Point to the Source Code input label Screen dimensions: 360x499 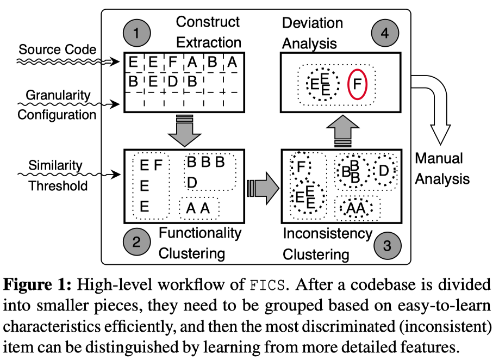(x=58, y=50)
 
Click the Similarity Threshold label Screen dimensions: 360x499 (x=58, y=175)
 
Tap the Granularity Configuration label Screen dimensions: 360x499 (x=57, y=104)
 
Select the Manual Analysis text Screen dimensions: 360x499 (x=441, y=168)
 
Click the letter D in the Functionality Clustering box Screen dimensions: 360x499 (x=191, y=181)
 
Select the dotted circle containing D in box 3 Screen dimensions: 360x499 (x=384, y=171)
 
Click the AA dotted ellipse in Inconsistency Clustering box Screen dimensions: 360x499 (x=355, y=208)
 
